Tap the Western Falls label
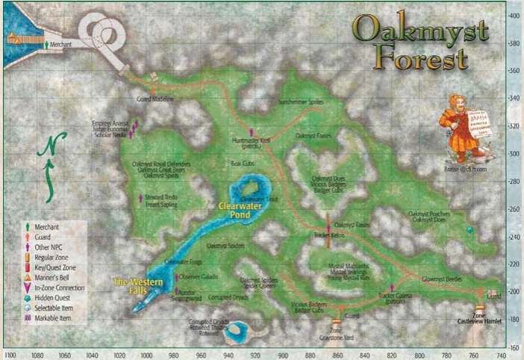click(131, 285)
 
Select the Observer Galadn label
click(198, 276)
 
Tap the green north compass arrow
click(54, 164)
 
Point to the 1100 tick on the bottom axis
click(10, 355)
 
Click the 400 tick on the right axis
click(514, 16)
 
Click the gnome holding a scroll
click(458, 127)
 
